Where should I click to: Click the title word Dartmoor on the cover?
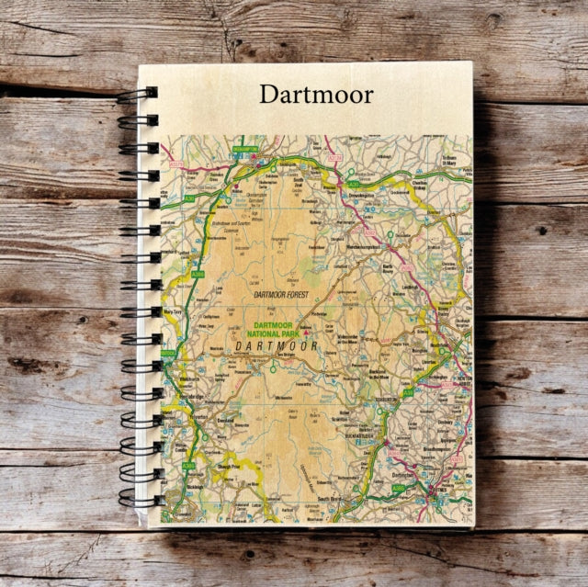(315, 94)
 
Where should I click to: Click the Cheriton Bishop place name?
(412, 181)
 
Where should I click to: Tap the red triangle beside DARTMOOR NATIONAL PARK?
(318, 333)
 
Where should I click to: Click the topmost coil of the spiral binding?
(136, 94)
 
